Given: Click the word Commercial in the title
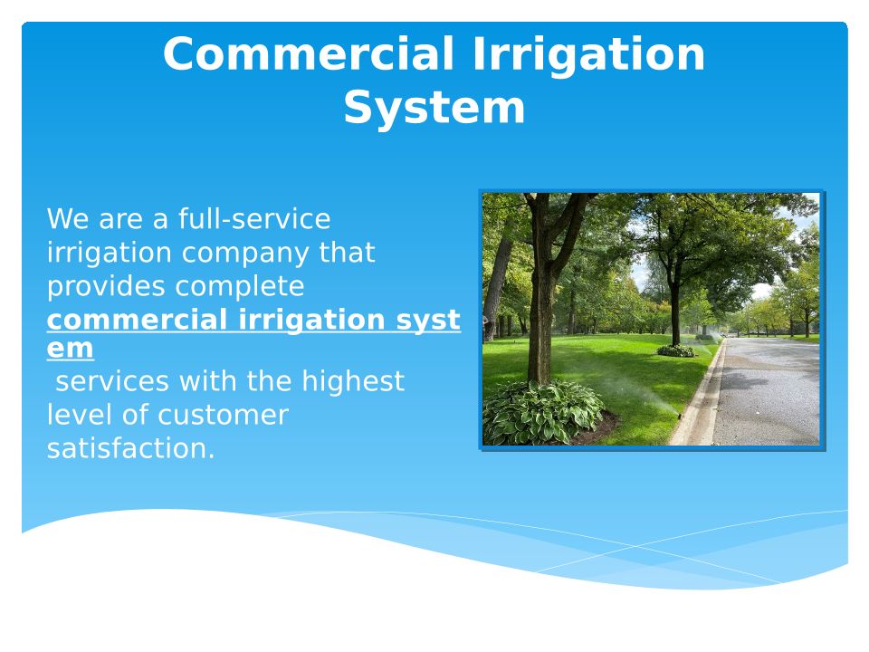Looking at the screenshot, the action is (309, 53).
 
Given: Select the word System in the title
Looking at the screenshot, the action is (434, 109).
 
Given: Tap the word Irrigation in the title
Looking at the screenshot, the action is (588, 55).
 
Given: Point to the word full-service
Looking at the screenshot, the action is (254, 218).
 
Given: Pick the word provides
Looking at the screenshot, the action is (106, 286).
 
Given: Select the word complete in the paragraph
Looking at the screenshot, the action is (239, 287).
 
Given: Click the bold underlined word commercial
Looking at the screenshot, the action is (137, 320).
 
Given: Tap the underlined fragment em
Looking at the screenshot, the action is (70, 349).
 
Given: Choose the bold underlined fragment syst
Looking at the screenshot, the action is (428, 321).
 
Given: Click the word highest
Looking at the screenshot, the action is (352, 382).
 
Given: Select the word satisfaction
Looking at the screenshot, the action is (130, 448).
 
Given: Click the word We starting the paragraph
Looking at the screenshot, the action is (68, 219).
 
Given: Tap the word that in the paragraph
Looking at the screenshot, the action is (347, 253).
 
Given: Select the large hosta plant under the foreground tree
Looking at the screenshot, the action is (542, 412).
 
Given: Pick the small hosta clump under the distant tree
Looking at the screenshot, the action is (675, 350).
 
